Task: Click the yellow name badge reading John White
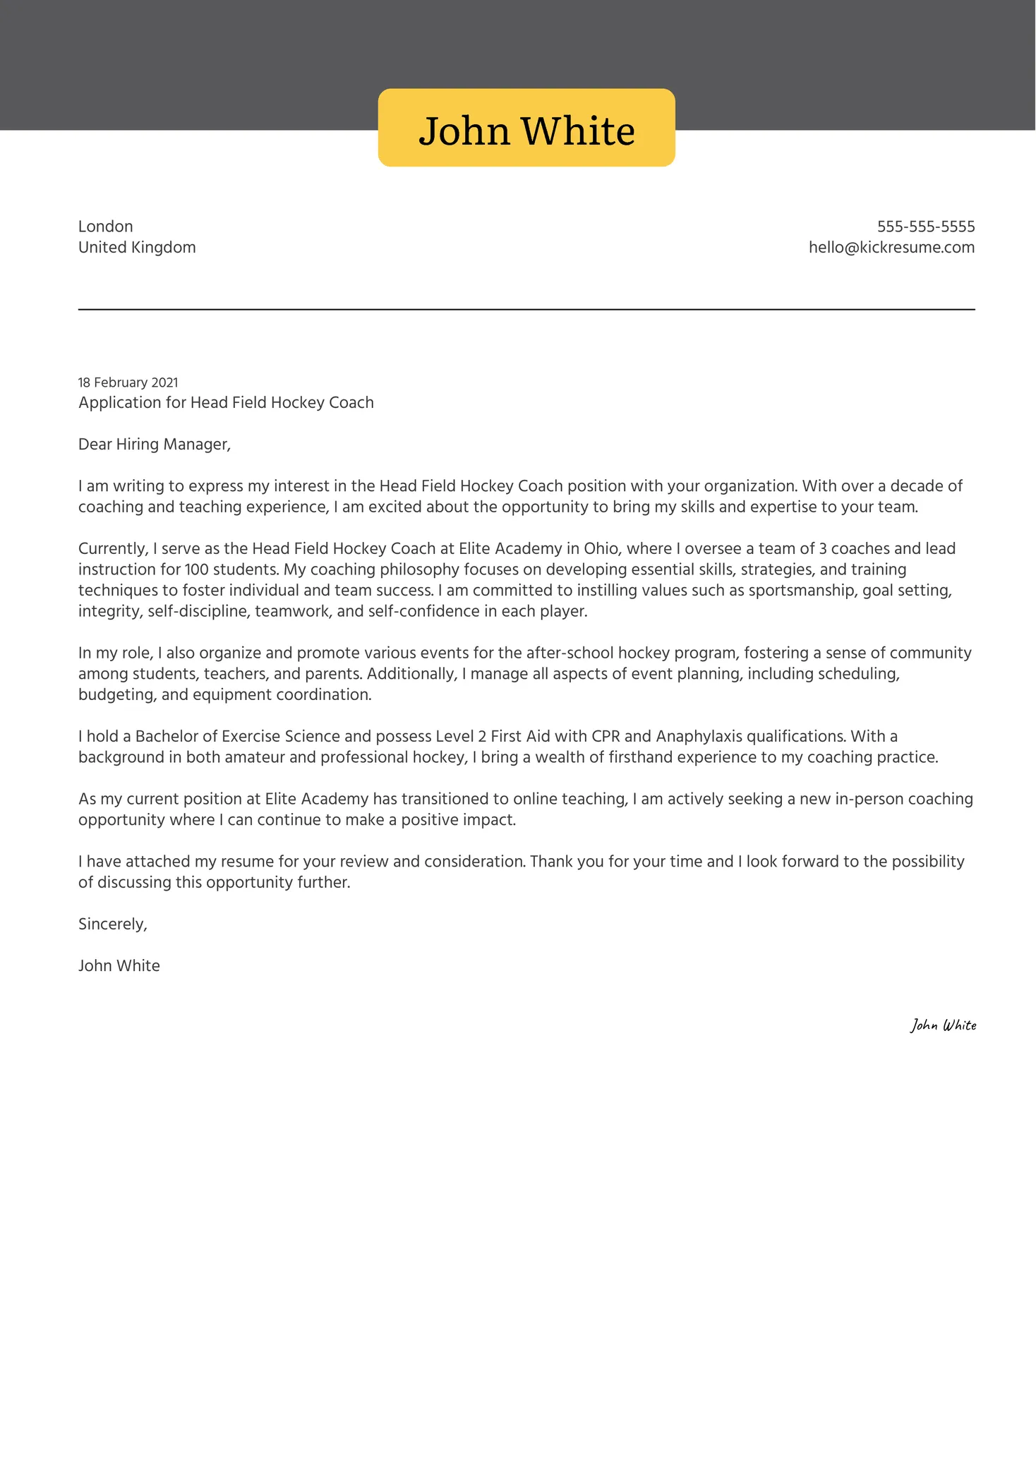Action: [x=526, y=128]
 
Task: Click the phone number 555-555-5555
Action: [x=925, y=227]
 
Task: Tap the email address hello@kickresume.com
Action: [x=891, y=248]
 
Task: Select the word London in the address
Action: [x=105, y=227]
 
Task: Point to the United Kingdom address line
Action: [x=137, y=248]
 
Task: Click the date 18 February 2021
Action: [x=128, y=382]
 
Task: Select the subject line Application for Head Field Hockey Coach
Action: [x=226, y=403]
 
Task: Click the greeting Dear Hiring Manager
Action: [x=154, y=445]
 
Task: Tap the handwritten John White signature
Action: [x=943, y=1025]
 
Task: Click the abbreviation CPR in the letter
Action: [x=605, y=737]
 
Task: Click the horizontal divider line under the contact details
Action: [x=526, y=310]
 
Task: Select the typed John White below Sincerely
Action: [x=119, y=966]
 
